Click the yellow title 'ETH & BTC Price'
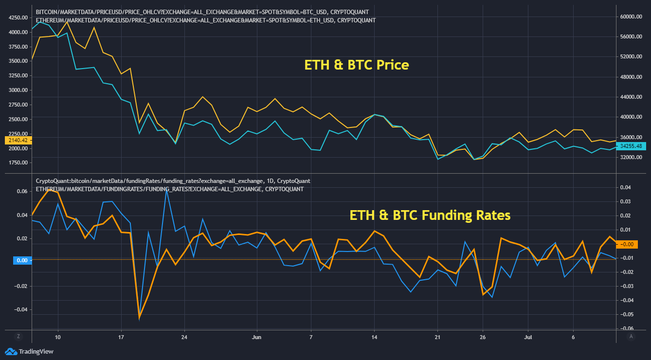357,65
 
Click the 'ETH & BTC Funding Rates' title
430,215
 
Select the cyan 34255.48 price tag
632,145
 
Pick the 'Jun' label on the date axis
257,336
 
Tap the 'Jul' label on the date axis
527,336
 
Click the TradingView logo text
35,351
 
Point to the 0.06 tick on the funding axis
22,191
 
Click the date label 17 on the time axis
121,336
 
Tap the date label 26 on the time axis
482,336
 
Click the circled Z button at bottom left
18,336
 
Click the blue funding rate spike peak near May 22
166,189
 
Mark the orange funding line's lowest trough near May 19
140,318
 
